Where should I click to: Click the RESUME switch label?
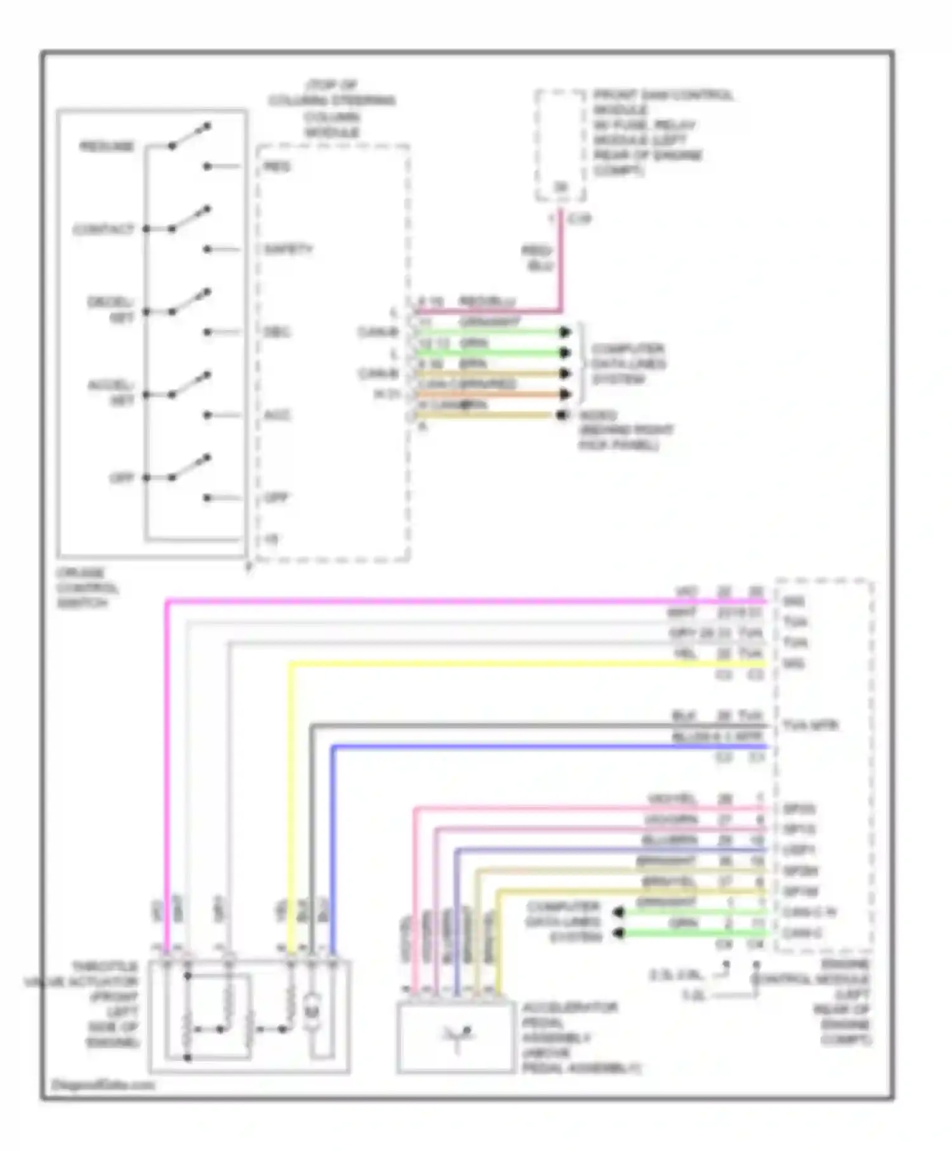pyautogui.click(x=107, y=147)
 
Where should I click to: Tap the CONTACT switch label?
pyautogui.click(x=103, y=229)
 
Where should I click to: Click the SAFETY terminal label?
pyautogui.click(x=288, y=249)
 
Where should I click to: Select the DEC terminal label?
pyautogui.click(x=277, y=332)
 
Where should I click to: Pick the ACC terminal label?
pyautogui.click(x=277, y=416)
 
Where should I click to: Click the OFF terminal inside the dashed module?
pyautogui.click(x=276, y=498)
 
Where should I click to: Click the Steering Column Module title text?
pyautogui.click(x=332, y=109)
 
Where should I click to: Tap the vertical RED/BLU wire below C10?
pyautogui.click(x=561, y=266)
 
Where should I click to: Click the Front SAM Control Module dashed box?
pyautogui.click(x=560, y=146)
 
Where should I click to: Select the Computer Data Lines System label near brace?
pyautogui.click(x=628, y=364)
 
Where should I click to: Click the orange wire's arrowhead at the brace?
pyautogui.click(x=565, y=395)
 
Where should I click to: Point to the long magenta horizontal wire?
pyautogui.click(x=444, y=600)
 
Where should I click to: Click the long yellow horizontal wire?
pyautogui.click(x=508, y=664)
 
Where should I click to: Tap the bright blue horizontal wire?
pyautogui.click(x=539, y=747)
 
